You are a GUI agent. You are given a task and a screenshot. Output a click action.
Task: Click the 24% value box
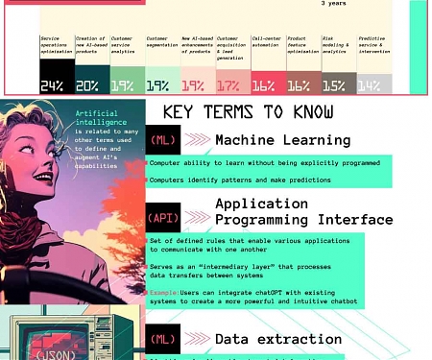coord(52,85)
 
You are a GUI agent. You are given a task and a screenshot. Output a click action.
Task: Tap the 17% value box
coord(228,85)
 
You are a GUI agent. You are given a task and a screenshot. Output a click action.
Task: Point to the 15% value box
coord(334,85)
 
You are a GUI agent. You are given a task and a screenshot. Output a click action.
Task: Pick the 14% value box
coord(370,85)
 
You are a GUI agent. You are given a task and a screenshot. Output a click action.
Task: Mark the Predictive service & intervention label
coord(372,45)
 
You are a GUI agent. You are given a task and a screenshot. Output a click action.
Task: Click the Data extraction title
coord(277,339)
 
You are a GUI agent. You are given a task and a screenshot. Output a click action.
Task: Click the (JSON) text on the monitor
coord(48,352)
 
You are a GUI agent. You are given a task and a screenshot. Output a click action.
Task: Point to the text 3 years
coord(334,3)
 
